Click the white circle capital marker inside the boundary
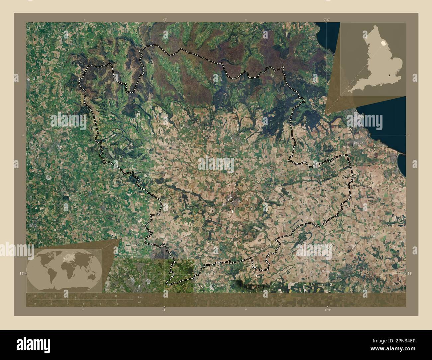(231, 200)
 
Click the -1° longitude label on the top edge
(164, 20)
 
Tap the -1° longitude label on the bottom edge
(164, 310)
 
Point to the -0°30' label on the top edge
(327, 20)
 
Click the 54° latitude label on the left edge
(21, 274)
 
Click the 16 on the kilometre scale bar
(116, 296)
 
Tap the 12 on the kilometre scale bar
(95, 296)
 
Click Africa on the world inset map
(65, 267)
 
